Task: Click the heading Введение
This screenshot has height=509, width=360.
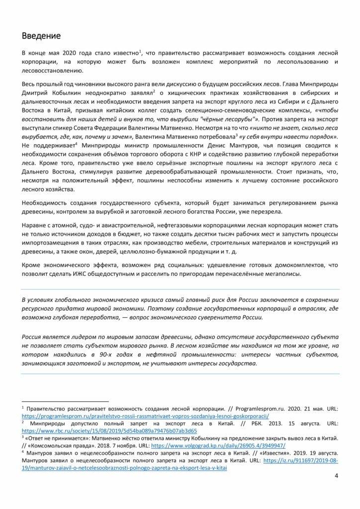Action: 42,36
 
